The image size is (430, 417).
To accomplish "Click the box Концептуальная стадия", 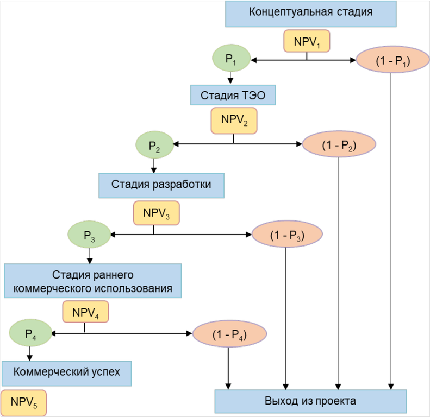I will (311, 14).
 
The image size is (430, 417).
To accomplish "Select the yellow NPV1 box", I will (307, 41).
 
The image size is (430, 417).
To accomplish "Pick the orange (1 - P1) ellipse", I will (391, 61).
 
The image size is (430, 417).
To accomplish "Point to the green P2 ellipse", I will (154, 144).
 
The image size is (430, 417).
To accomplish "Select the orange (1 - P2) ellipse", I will (339, 145).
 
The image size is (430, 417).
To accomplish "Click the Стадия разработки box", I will (161, 185).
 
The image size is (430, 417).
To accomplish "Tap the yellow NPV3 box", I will (157, 213).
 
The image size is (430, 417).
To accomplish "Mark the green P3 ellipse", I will (90, 235).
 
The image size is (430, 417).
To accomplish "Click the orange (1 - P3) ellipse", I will (286, 236).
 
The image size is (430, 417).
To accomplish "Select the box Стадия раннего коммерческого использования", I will (92, 281).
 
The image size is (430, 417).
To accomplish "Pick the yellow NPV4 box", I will (85, 312).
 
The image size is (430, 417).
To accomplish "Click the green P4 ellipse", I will (30, 333).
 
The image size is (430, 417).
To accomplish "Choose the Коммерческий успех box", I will (67, 373).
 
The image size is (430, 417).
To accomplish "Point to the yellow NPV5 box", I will (23, 403).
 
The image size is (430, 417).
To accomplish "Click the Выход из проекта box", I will (310, 402).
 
